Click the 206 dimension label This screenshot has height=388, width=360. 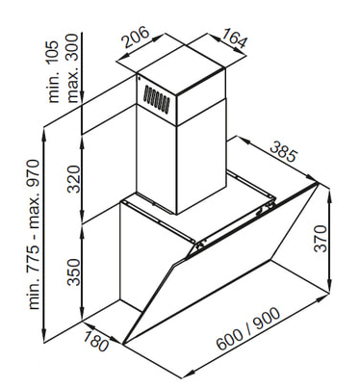point(137,37)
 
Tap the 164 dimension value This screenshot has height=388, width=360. point(235,39)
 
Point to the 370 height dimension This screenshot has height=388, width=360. point(320,239)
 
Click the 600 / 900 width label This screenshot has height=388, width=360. point(248,329)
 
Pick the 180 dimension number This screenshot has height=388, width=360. point(95,341)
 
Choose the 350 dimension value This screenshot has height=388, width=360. point(73,272)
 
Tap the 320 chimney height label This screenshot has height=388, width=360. point(73,179)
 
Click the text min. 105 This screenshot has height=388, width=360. point(53,71)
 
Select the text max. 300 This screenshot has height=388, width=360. point(72,68)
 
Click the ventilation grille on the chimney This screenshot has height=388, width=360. point(156,99)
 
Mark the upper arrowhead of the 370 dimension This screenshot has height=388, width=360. point(330,194)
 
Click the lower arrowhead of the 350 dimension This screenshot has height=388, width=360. point(83,314)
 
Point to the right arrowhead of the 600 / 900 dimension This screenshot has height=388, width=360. point(322,299)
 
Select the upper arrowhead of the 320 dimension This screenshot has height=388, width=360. point(83,142)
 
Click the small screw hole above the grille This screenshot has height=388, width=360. point(139,77)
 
